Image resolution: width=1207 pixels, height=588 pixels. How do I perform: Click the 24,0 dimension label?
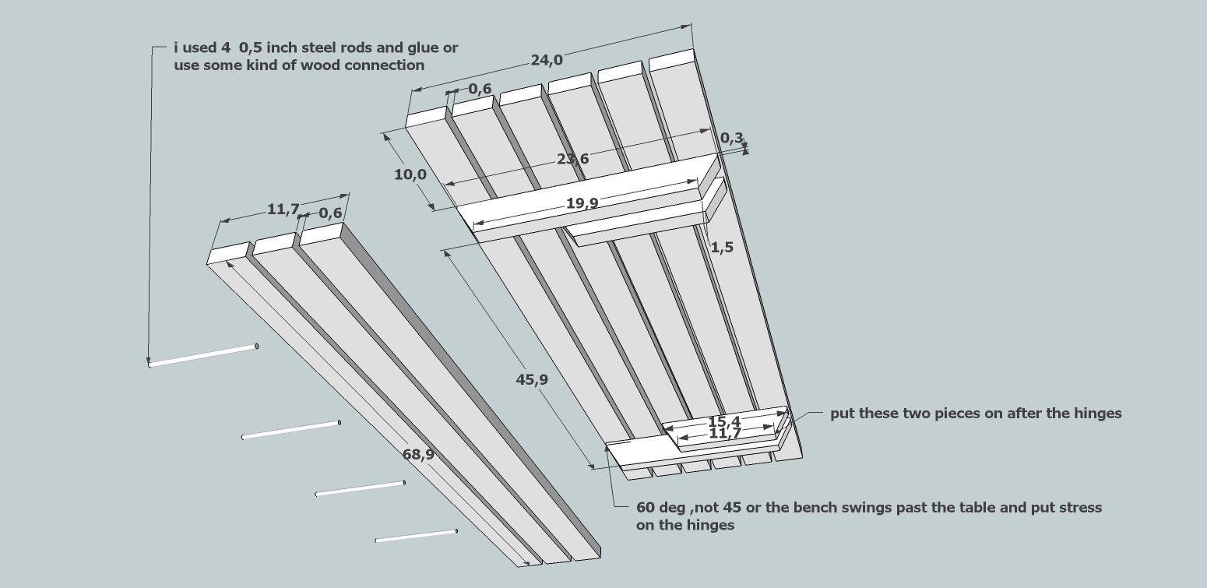coord(547,60)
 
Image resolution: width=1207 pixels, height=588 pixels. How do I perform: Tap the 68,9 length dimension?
coord(419,455)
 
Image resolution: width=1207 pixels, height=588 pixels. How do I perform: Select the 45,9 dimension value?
coord(532,380)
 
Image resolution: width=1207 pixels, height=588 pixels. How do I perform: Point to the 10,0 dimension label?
coord(410,174)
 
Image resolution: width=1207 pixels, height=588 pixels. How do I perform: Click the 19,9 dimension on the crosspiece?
coord(582,203)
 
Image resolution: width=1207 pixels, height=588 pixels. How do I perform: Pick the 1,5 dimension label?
coord(722,248)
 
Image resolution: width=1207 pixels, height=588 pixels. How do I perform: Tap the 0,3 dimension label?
coord(730,138)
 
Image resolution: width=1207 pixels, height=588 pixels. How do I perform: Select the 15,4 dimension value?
coord(723,421)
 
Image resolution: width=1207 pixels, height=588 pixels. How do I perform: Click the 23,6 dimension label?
coord(572,159)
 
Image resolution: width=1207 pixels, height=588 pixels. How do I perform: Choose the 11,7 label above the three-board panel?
coord(283,209)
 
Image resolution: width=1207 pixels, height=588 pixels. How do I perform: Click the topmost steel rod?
coord(203,355)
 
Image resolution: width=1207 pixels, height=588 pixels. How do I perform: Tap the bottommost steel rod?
coord(416,536)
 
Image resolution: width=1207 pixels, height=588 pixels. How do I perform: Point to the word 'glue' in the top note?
coord(411,48)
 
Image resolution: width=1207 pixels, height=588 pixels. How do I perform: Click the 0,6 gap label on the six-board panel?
coord(480,89)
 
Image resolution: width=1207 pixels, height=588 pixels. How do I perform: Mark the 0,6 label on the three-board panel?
coord(330,213)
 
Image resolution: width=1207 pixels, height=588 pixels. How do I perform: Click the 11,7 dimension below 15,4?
coord(725,433)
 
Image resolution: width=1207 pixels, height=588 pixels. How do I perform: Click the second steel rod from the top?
coord(291,430)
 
